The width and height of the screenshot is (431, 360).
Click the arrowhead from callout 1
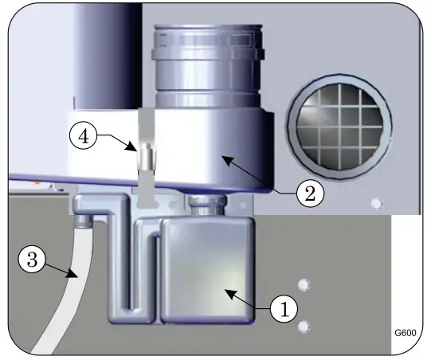(228, 292)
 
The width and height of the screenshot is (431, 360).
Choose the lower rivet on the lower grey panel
(302, 327)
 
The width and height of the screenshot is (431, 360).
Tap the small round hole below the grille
(376, 205)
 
